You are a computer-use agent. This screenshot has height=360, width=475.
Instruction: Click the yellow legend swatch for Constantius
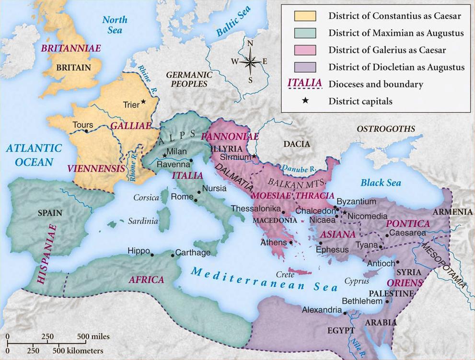coord(305,16)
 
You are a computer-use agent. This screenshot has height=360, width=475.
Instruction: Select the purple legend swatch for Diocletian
coord(305,67)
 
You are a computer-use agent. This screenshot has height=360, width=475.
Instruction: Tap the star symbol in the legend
coord(305,101)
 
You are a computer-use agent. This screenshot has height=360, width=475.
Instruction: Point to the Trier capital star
coord(143,103)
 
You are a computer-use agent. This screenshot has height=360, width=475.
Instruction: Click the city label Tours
coord(83,125)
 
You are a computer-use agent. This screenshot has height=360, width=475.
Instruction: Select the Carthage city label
coord(193,253)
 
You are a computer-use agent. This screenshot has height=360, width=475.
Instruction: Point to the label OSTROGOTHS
coord(386,129)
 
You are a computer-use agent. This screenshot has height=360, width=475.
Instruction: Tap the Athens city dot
coord(291,243)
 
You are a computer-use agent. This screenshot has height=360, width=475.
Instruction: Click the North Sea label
coord(116,25)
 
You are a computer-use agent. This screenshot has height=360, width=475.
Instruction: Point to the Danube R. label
coord(298,168)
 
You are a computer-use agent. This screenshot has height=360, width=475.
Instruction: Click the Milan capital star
coord(165,155)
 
